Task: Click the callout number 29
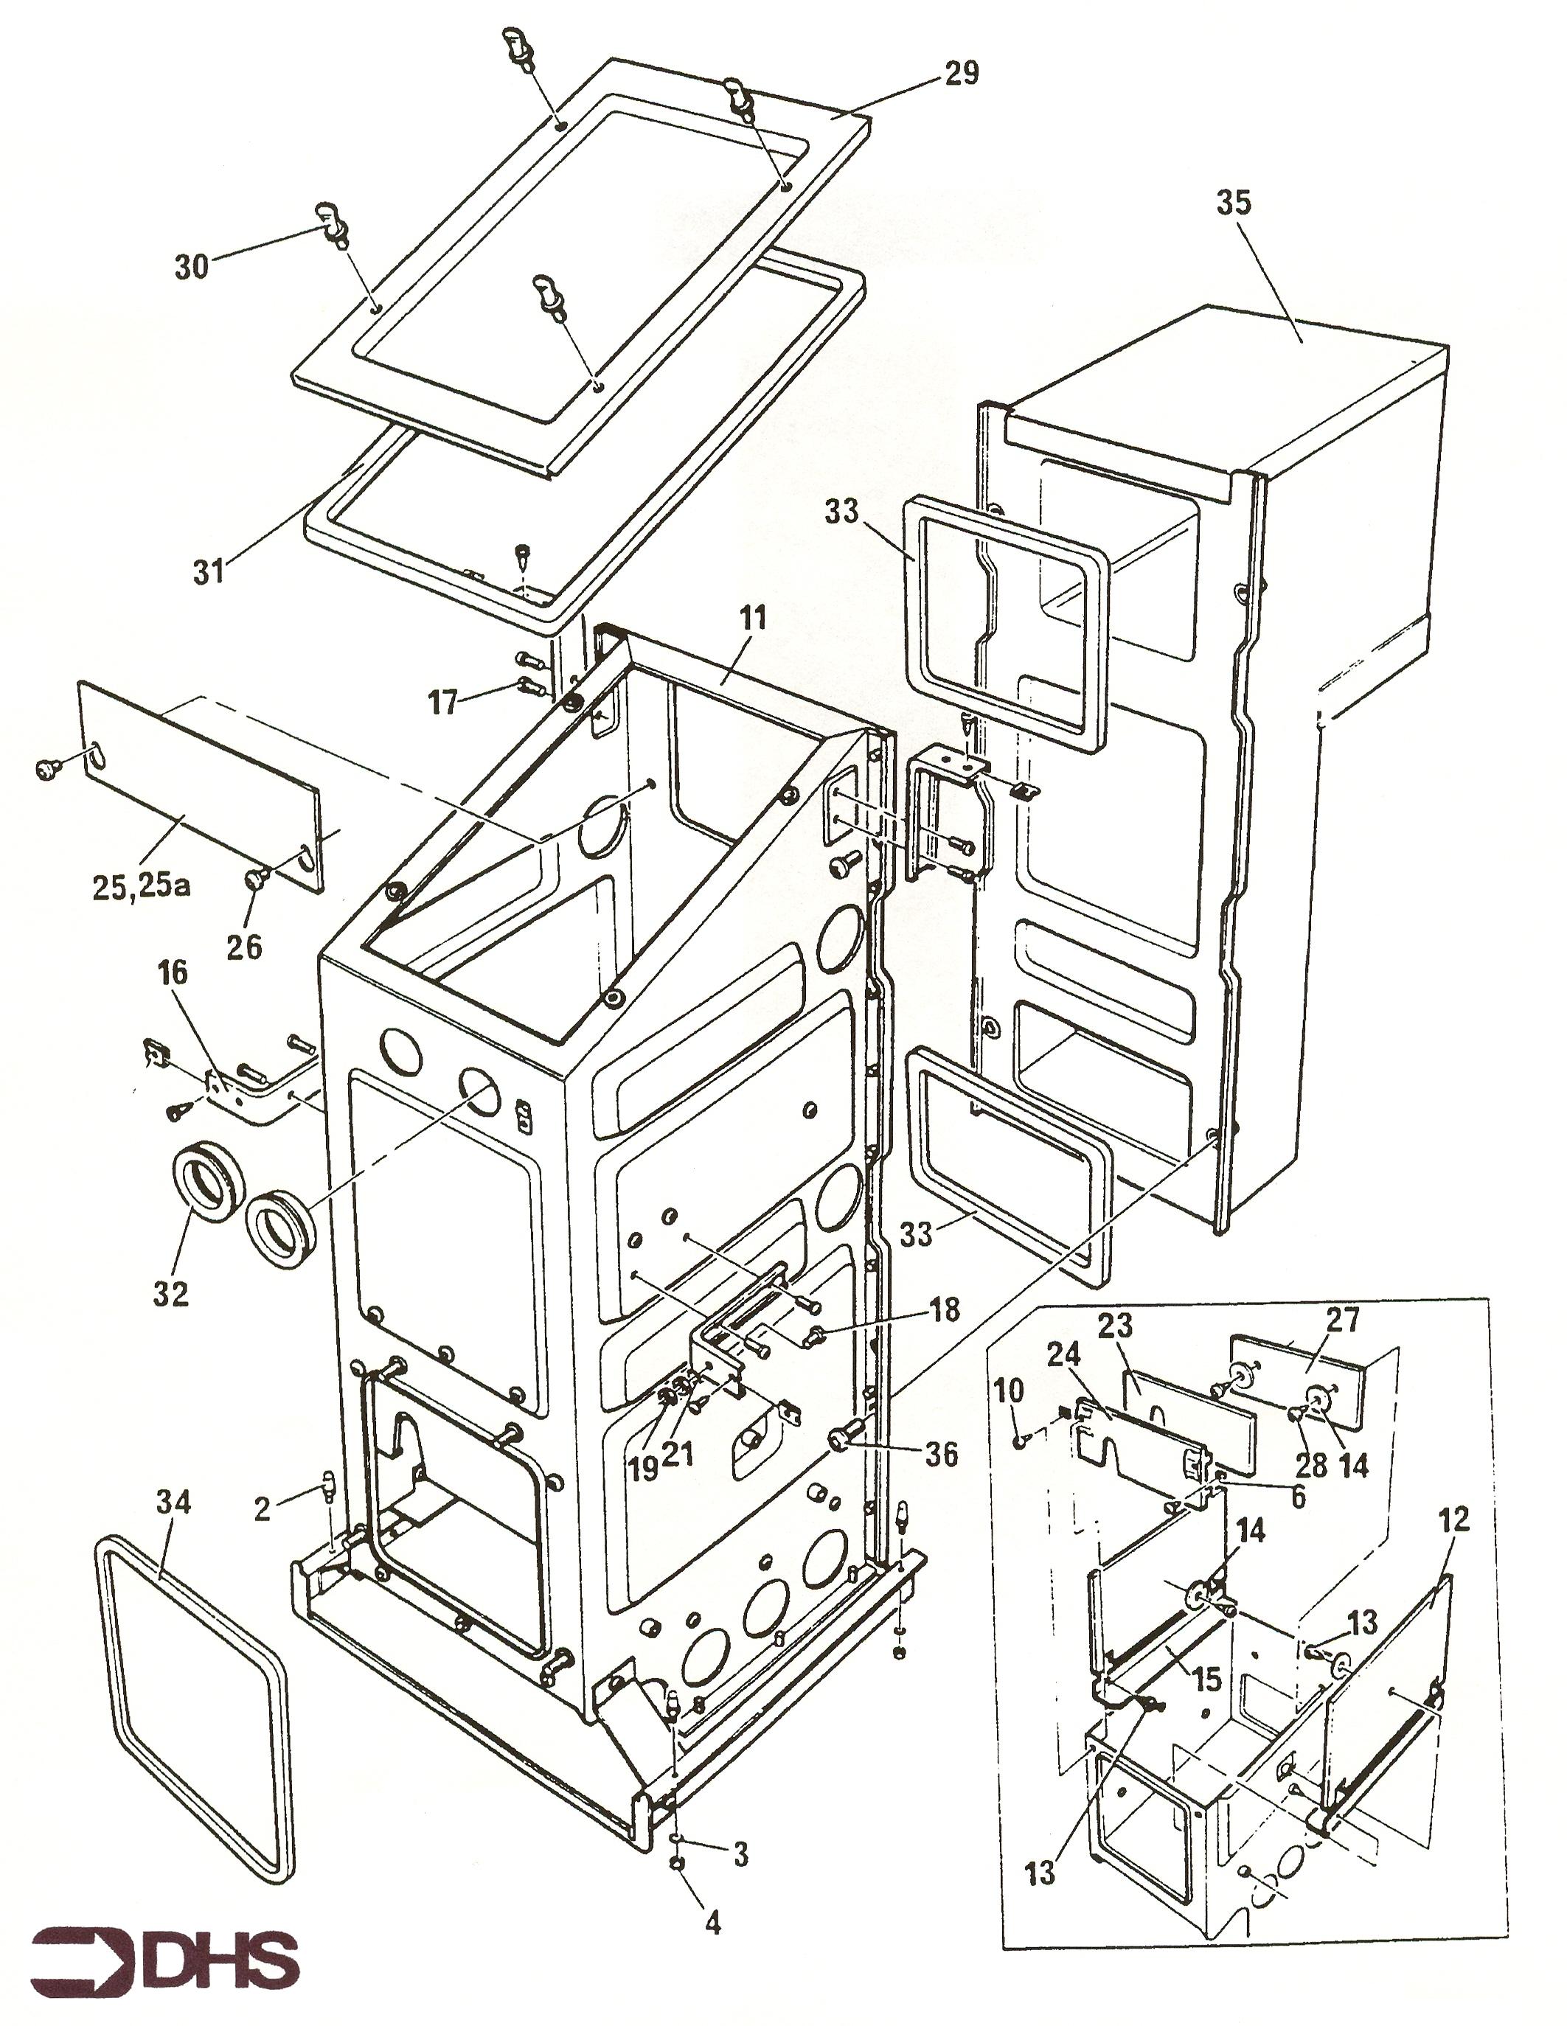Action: (961, 72)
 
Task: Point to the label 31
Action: (209, 571)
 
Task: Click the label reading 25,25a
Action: (141, 887)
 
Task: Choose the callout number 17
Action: (443, 702)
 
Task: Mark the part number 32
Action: (170, 1293)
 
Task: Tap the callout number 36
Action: (941, 1455)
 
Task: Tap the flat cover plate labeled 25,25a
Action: (200, 787)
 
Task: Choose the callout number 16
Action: (173, 973)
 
